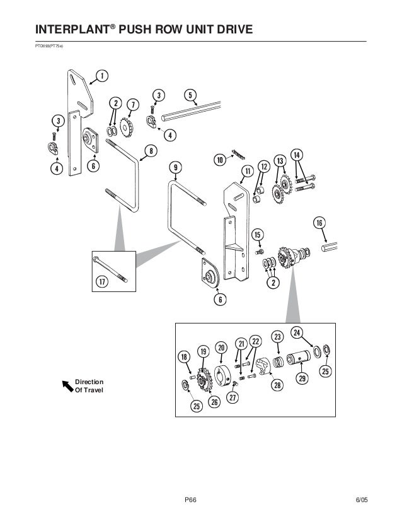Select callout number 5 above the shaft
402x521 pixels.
click(189, 95)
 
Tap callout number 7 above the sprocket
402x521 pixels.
click(132, 103)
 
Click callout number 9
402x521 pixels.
click(176, 167)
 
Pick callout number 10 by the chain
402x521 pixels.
click(220, 160)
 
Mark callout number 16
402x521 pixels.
click(319, 223)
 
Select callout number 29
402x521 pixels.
click(302, 378)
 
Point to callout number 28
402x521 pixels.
click(275, 384)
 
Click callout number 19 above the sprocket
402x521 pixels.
click(203, 351)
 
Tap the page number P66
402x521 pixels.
click(191, 501)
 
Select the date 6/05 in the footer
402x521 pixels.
click(361, 501)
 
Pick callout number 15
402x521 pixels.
click(258, 235)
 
